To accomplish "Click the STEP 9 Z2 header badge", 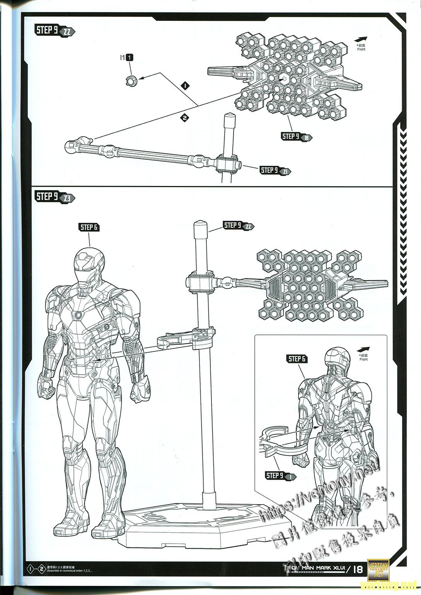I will pyautogui.click(x=54, y=31).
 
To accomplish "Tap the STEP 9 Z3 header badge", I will pyautogui.click(x=54, y=197).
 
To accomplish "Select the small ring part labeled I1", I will pyautogui.click(x=131, y=80).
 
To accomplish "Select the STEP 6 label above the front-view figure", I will pyautogui.click(x=89, y=227).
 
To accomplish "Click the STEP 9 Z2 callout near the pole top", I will pyautogui.click(x=238, y=226).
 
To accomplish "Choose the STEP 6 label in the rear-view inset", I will pyautogui.click(x=297, y=359).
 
